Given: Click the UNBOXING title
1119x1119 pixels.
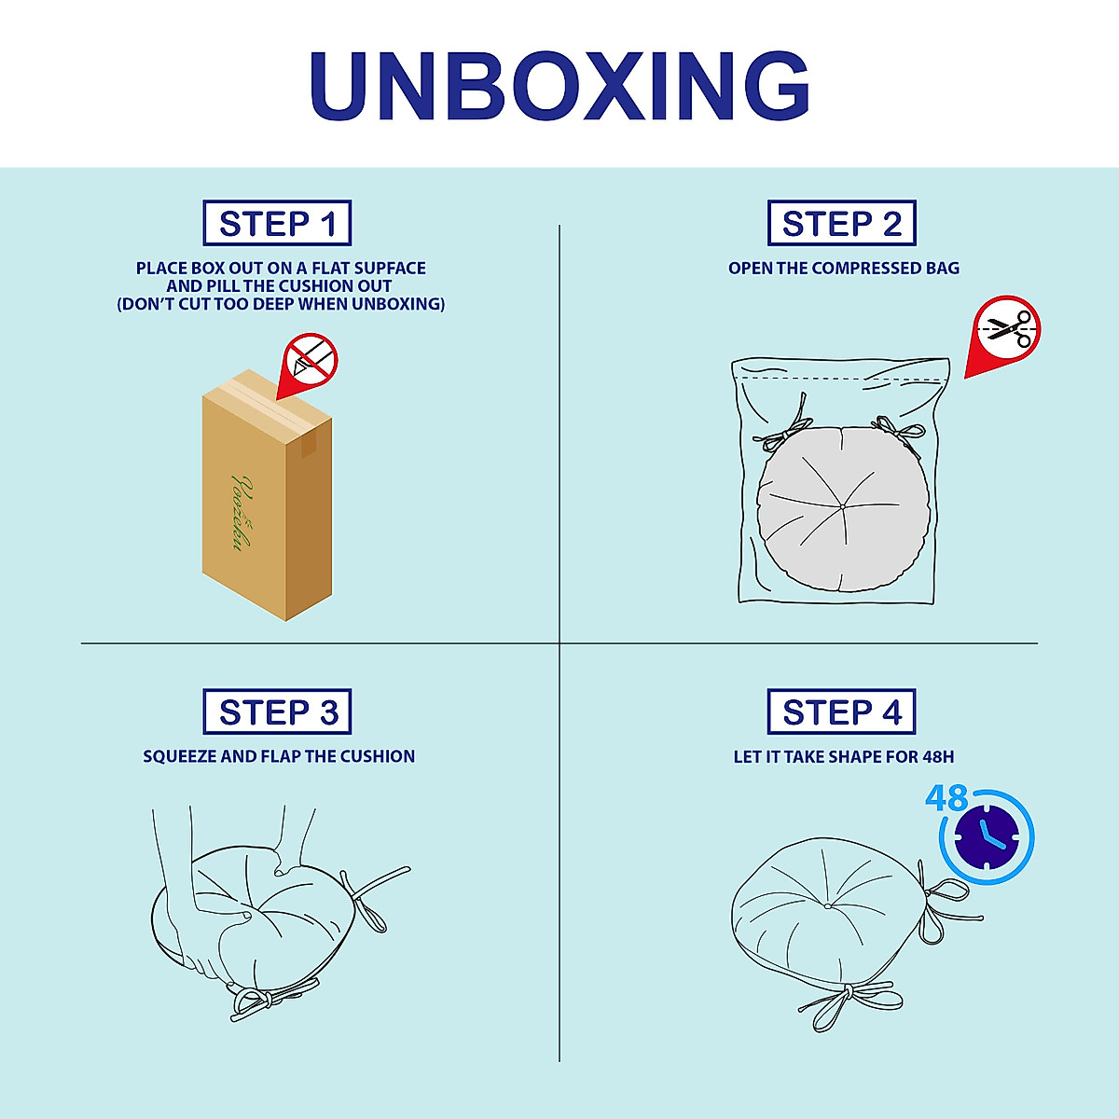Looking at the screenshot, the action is [x=559, y=86].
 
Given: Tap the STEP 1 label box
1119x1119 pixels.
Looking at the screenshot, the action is [x=277, y=224].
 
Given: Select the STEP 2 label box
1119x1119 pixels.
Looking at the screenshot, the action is [x=841, y=224].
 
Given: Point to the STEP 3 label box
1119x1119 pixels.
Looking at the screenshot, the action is [x=277, y=712].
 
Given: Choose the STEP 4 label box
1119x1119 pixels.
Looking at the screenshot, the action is [x=841, y=712].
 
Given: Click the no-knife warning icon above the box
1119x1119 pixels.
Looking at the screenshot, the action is [x=311, y=359].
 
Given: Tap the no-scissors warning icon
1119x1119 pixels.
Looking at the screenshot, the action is [x=1007, y=329].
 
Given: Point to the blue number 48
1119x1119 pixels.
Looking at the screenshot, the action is [x=946, y=799].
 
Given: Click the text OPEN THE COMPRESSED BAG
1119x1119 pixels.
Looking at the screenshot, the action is [x=843, y=269].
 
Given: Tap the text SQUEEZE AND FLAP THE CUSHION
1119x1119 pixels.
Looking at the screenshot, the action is [x=279, y=756].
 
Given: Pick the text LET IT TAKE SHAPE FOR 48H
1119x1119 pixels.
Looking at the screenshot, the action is [x=843, y=757].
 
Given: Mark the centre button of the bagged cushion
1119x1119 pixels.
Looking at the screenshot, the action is [x=842, y=505].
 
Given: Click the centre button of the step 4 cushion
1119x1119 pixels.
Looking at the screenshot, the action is [x=827, y=905].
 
